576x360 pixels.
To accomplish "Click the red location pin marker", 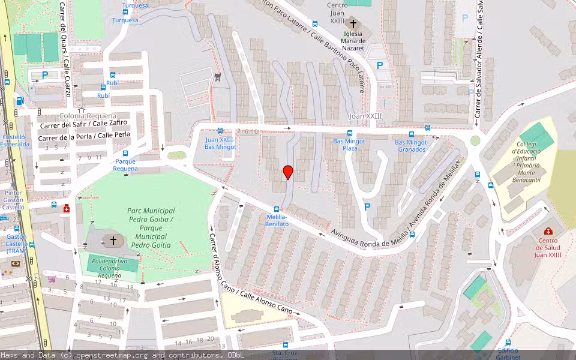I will tap(288, 172).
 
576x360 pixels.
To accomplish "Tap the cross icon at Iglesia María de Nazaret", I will tap(353, 24).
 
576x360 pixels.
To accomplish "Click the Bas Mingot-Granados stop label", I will tap(411, 146).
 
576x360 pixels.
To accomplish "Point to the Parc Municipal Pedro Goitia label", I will tap(151, 228).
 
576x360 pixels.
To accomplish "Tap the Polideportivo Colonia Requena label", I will tap(113, 263).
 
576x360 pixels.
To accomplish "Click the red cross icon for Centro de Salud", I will tap(548, 231).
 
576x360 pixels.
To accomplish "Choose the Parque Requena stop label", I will tap(125, 165).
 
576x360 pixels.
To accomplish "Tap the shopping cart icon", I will tap(52, 278).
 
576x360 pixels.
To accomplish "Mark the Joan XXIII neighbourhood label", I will tap(365, 116).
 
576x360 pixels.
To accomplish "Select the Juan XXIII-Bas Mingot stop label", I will tap(220, 143).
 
